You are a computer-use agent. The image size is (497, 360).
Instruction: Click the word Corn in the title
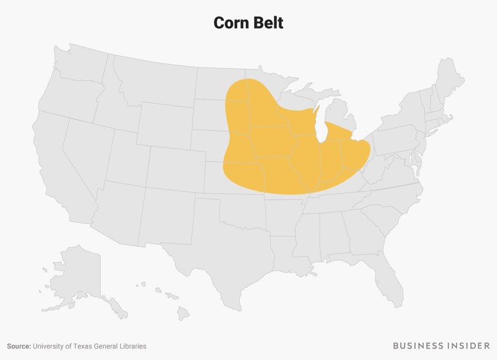click(230, 23)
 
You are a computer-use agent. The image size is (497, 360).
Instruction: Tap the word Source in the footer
click(19, 346)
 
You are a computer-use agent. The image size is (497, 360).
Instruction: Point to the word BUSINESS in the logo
click(416, 346)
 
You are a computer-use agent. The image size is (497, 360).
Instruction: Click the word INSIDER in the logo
click(467, 346)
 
